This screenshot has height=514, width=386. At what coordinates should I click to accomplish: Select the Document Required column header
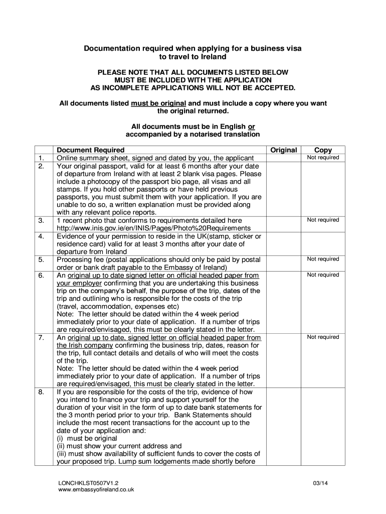point(91,150)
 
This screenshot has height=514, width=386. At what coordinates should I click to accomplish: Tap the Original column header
point(283,150)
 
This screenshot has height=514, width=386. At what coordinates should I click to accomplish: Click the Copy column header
point(323,150)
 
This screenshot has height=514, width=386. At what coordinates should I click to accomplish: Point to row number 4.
point(41,236)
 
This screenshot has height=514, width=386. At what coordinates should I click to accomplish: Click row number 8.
point(41,392)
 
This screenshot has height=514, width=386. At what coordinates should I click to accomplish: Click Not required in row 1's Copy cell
point(323,158)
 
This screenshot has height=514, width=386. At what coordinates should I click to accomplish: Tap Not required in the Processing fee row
point(323,259)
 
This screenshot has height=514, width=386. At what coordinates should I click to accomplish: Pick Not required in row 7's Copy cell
point(323,337)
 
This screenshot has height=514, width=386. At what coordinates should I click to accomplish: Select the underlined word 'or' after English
point(252,126)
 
